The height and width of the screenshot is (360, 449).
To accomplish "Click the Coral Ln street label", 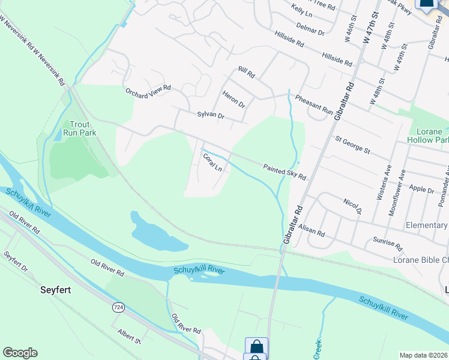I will point(212,163).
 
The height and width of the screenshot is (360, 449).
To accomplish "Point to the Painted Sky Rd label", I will point(285,172).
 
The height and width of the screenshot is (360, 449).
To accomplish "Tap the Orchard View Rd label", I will point(148,91).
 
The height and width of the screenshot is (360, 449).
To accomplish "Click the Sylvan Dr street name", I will point(210,115).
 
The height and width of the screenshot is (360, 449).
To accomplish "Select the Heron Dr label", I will point(234,99).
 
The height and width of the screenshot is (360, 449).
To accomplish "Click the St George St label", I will point(352,145).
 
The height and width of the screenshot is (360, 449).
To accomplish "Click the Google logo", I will point(20,353).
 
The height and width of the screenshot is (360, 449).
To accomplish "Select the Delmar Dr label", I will point(310,29).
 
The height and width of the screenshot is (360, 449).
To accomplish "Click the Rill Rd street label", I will point(246,73).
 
